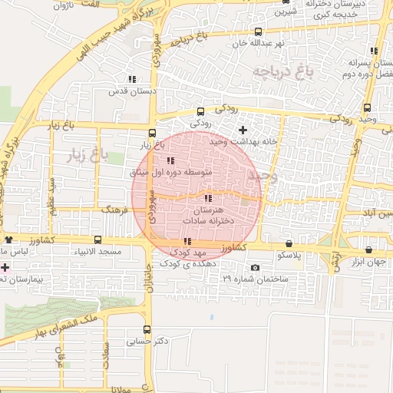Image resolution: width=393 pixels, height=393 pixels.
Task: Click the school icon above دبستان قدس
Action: tap(132, 78)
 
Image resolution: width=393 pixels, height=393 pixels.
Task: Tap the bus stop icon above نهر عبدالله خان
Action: tap(257, 32)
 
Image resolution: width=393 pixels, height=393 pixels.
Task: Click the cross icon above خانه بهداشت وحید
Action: tap(243, 130)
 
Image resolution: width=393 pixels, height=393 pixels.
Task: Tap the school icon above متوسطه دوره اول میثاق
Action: tap(170, 160)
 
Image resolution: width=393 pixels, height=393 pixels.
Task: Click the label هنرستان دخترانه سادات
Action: tap(207, 215)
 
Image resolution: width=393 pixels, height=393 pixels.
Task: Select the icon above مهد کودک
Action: tap(187, 241)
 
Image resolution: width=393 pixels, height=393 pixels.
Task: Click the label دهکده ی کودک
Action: tap(186, 263)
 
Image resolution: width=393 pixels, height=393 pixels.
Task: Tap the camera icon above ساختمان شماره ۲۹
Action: tap(255, 268)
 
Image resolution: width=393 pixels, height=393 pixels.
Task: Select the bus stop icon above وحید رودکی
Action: tap(367, 107)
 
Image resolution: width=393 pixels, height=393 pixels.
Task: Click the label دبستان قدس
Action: tap(132, 91)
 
